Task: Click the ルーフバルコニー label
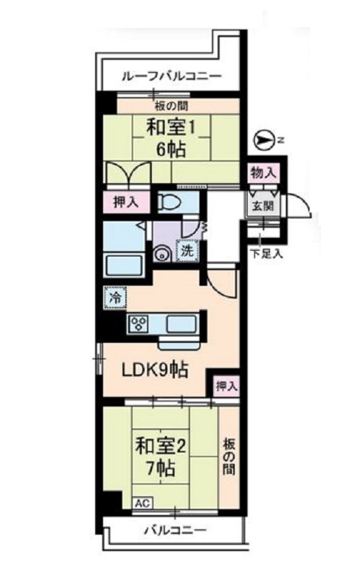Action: [171, 76]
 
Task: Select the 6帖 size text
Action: [172, 150]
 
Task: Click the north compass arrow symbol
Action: [265, 138]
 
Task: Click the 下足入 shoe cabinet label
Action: [265, 253]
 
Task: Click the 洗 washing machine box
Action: [186, 251]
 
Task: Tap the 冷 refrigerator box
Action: [114, 295]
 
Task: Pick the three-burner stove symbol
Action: [138, 323]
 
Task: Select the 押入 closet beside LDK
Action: [226, 386]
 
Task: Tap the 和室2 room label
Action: [161, 446]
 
